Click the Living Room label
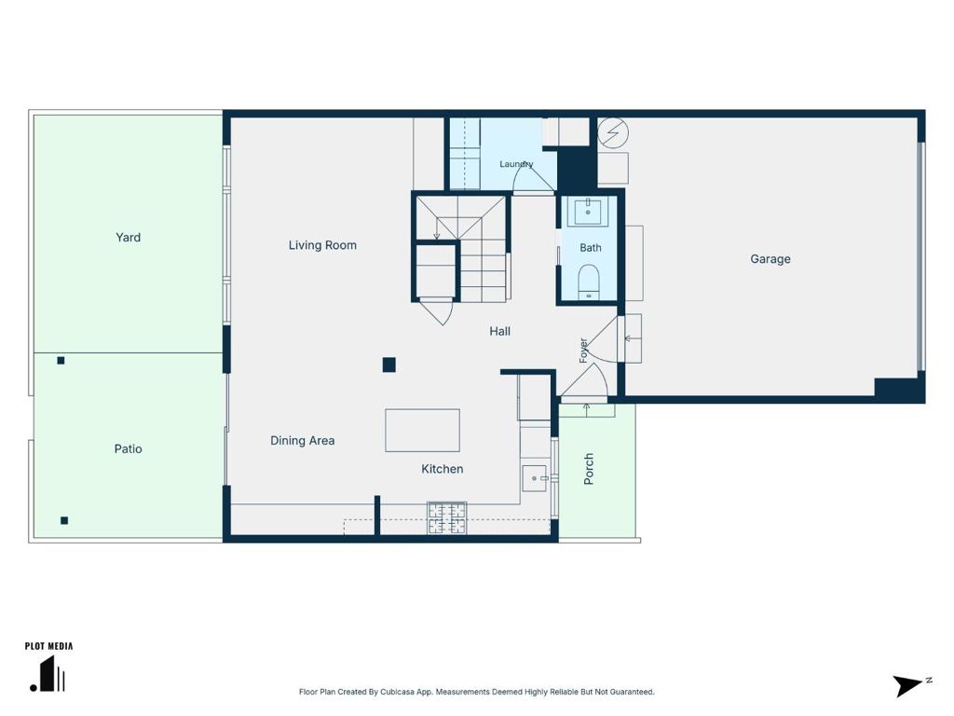[322, 245]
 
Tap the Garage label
[770, 259]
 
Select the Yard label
[128, 238]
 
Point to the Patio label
[128, 448]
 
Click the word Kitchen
[443, 469]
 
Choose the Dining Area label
[303, 441]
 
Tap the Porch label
[589, 469]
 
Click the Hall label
[500, 331]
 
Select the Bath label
[590, 248]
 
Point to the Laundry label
[516, 164]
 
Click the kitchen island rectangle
[422, 431]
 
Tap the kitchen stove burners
[447, 518]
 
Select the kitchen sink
[535, 478]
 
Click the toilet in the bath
[589, 282]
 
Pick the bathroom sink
[588, 212]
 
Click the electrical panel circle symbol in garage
[613, 132]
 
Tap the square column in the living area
[389, 365]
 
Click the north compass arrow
[908, 685]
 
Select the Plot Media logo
[48, 667]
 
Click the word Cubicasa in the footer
[395, 692]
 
